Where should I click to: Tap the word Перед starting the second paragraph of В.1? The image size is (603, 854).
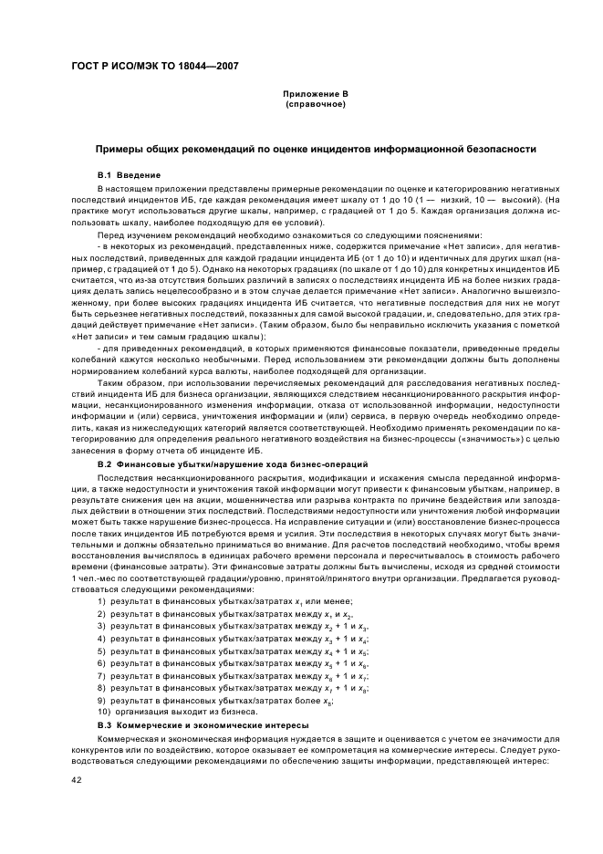click(x=110, y=234)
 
